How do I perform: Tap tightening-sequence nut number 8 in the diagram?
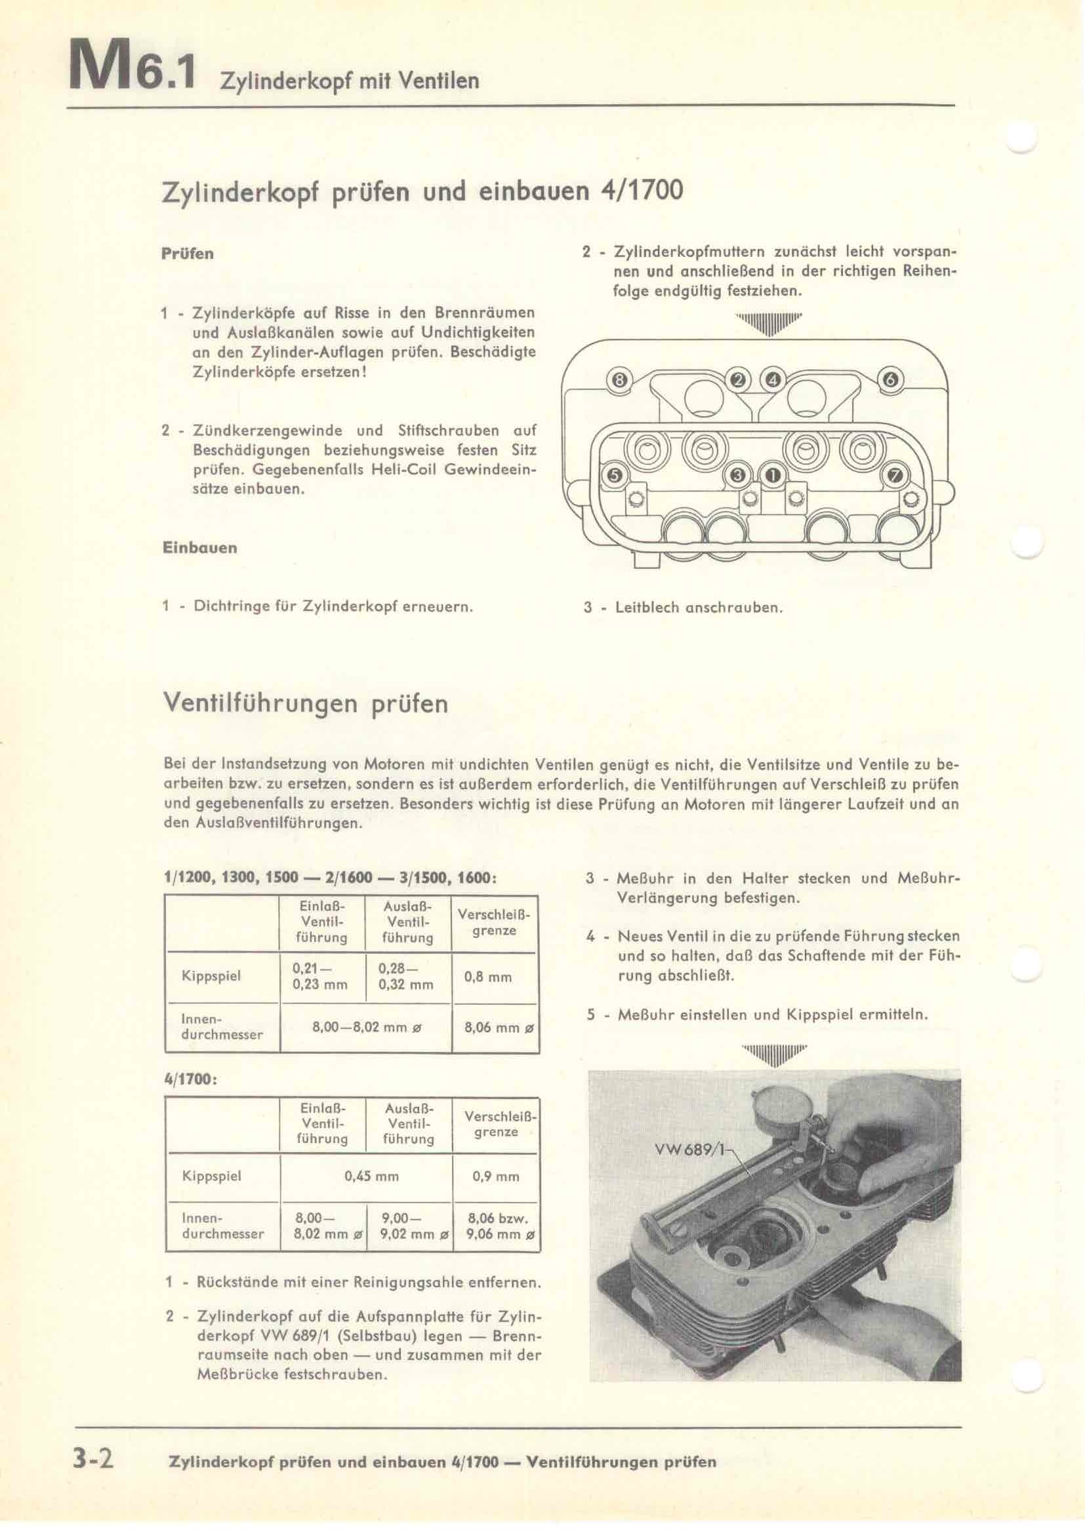pyautogui.click(x=619, y=381)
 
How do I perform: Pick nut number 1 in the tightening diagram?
pyautogui.click(x=772, y=475)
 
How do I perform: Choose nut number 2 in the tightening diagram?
pyautogui.click(x=738, y=381)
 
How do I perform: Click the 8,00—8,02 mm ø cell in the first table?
pyautogui.click(x=364, y=1028)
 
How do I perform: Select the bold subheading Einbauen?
pyautogui.click(x=200, y=547)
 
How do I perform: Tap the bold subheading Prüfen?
pyautogui.click(x=188, y=254)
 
